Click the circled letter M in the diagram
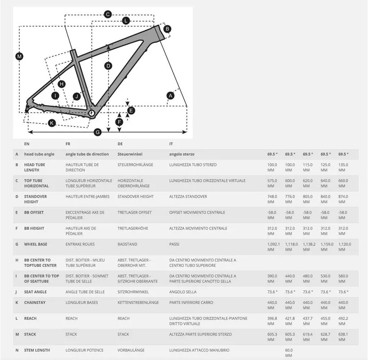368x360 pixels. (19, 57)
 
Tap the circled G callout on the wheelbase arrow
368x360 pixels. (97, 132)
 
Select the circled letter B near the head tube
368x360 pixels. (167, 29)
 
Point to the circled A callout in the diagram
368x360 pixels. (170, 96)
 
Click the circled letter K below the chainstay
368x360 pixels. (52, 123)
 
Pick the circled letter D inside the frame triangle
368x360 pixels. (108, 65)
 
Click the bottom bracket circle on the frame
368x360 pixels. (91, 113)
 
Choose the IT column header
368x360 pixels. (171, 144)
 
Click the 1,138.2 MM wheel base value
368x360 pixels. (309, 246)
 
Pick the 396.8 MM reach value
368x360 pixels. (273, 321)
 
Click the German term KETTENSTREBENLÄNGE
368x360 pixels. (138, 303)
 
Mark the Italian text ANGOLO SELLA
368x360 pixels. (183, 292)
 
